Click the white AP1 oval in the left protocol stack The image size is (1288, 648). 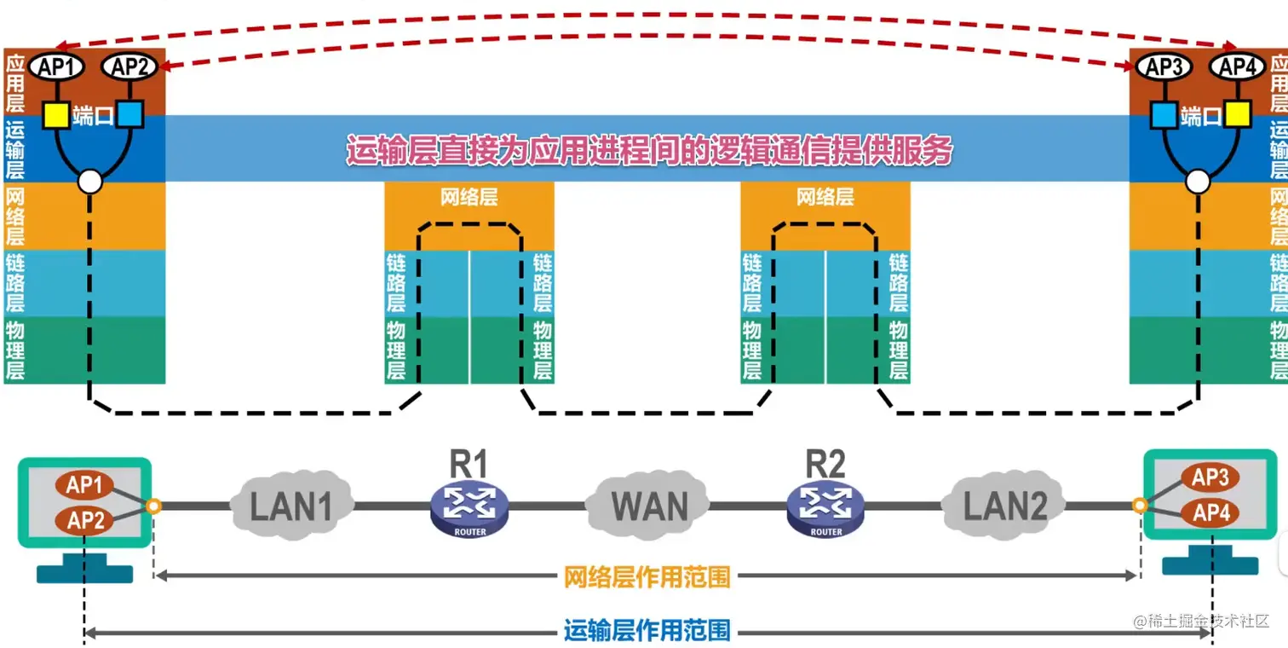55,67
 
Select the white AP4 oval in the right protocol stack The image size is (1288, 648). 1236,67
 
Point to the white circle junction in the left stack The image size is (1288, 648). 89,181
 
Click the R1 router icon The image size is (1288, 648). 469,508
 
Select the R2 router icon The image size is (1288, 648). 825,508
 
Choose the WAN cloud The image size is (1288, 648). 648,506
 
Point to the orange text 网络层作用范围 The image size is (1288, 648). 647,577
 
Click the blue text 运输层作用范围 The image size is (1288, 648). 647,631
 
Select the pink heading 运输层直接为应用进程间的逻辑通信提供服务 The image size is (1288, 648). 648,150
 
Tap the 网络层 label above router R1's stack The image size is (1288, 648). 469,198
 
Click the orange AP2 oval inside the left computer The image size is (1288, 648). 85,519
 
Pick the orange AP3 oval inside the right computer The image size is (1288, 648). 1210,478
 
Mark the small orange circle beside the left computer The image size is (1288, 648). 153,506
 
